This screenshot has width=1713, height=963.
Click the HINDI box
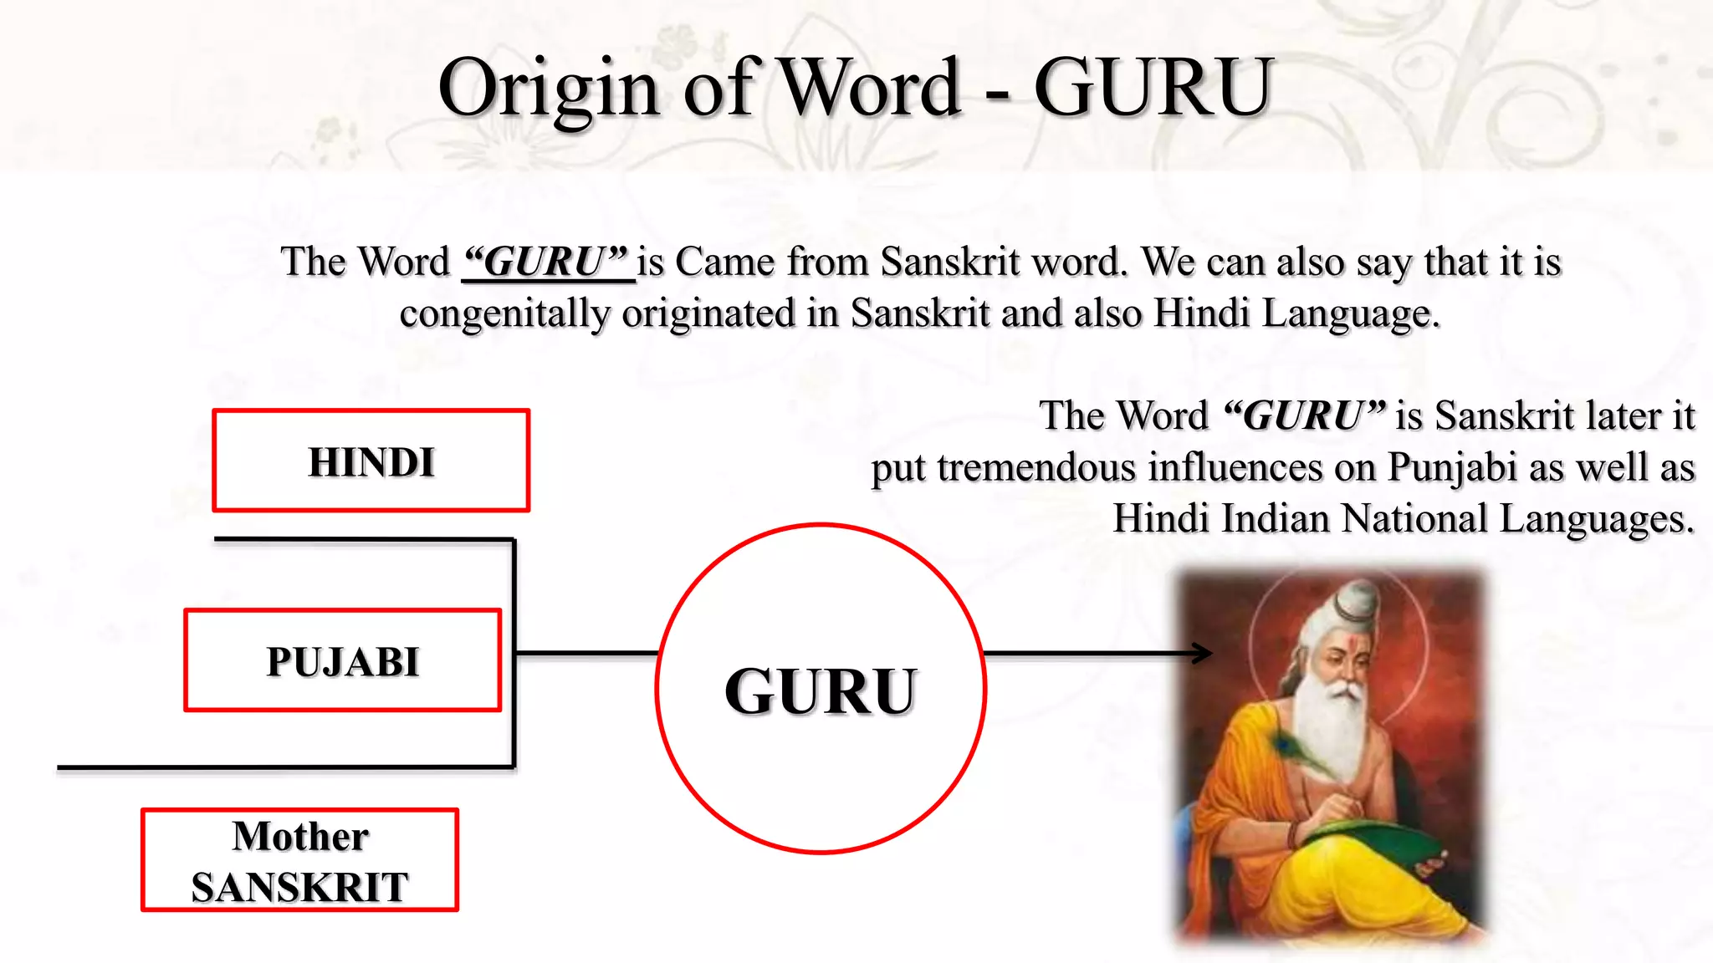(x=371, y=461)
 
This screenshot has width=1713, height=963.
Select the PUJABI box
(x=343, y=660)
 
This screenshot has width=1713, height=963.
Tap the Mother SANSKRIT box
(x=299, y=860)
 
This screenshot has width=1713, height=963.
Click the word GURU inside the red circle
(x=821, y=691)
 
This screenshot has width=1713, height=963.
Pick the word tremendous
(x=1036, y=468)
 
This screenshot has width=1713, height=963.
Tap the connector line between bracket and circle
(x=585, y=652)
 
